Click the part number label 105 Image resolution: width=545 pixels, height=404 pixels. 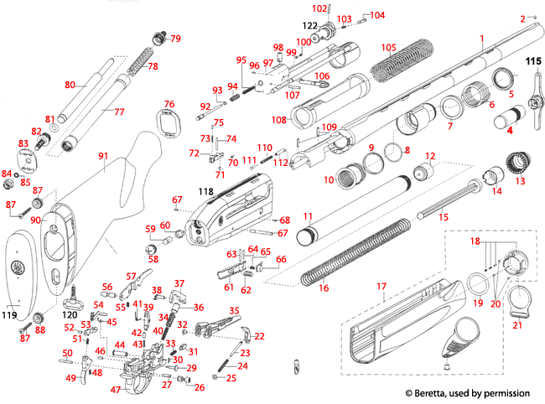388,47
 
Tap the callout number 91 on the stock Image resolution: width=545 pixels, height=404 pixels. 104,155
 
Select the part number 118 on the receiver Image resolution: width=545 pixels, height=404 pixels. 204,193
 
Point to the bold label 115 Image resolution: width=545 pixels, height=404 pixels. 533,61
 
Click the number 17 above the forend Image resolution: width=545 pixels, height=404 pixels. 381,287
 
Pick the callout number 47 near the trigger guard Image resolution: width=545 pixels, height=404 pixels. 116,390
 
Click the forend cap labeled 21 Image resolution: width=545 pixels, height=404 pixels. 517,300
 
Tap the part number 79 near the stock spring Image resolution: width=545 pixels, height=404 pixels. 175,39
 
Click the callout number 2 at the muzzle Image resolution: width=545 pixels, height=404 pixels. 522,18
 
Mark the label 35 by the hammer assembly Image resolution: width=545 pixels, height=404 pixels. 234,311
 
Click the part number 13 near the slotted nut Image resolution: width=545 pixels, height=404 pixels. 520,181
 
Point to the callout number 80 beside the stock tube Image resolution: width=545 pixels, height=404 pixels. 70,84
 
